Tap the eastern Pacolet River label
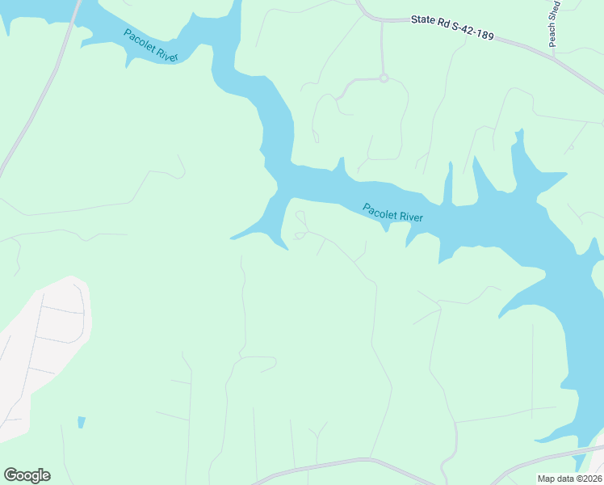point(392,213)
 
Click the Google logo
point(27,475)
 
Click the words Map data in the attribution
point(556,479)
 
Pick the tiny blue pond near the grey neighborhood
point(81,422)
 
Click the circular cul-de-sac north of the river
point(384,78)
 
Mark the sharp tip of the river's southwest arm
point(232,238)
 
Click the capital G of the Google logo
point(10,475)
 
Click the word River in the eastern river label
point(409,217)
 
